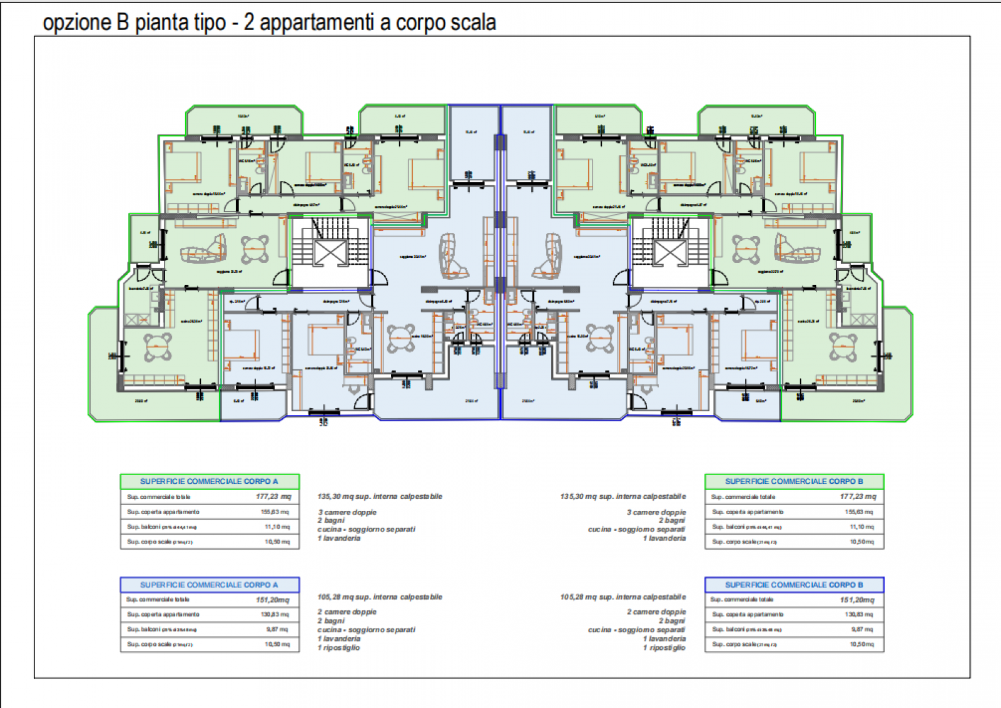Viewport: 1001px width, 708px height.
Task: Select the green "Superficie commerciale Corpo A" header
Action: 209,481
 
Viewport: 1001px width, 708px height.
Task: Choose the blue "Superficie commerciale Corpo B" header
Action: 794,585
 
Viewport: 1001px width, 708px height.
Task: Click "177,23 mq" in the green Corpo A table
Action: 273,496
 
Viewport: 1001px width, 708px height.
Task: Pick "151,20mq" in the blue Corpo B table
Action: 857,600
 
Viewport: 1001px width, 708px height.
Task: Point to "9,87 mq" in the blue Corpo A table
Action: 277,629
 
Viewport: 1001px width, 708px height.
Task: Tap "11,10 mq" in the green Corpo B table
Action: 861,526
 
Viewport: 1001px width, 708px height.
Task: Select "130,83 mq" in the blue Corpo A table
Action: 275,614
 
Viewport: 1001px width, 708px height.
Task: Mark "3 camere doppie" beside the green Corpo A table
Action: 347,512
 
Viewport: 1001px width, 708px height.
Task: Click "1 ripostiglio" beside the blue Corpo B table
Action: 664,648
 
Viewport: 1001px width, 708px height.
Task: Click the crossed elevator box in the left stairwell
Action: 330,253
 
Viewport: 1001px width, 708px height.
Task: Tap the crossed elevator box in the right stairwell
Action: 670,253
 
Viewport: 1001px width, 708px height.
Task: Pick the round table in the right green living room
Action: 746,249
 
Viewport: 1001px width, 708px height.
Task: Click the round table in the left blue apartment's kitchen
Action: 401,338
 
